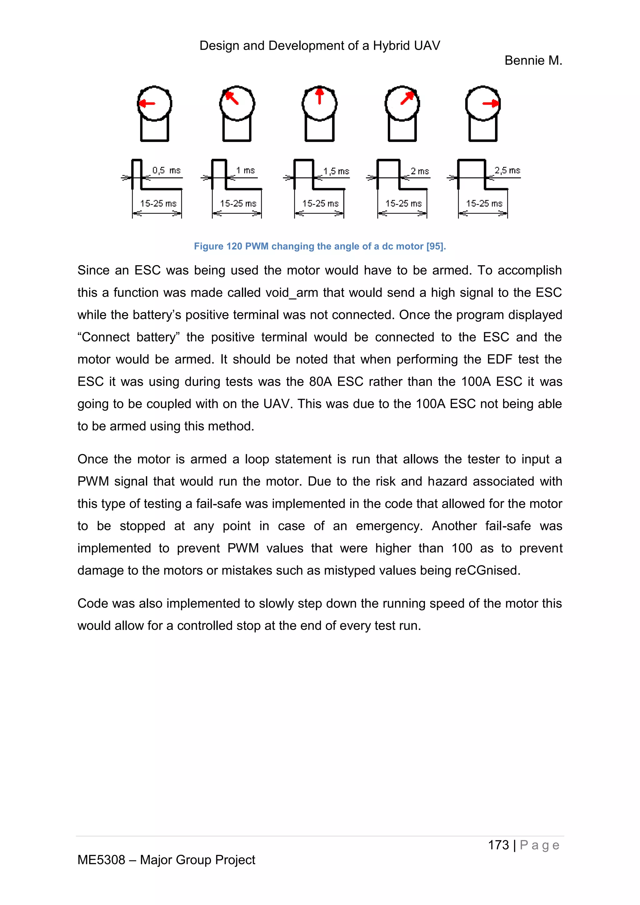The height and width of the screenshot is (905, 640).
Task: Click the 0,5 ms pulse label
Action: (166, 170)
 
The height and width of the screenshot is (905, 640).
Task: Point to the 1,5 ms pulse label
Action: (336, 171)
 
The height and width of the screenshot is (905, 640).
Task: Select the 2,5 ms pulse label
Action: (507, 170)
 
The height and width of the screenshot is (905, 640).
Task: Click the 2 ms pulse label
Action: (420, 171)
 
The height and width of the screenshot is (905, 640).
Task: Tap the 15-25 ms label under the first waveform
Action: (158, 203)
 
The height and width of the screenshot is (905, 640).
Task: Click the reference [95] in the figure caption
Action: (436, 246)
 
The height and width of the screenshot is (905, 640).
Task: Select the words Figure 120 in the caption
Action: (217, 246)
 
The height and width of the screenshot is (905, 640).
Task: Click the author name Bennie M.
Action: (533, 60)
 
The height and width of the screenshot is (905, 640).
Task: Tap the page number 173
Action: (498, 845)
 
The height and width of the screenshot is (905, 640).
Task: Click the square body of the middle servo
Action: (320, 130)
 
